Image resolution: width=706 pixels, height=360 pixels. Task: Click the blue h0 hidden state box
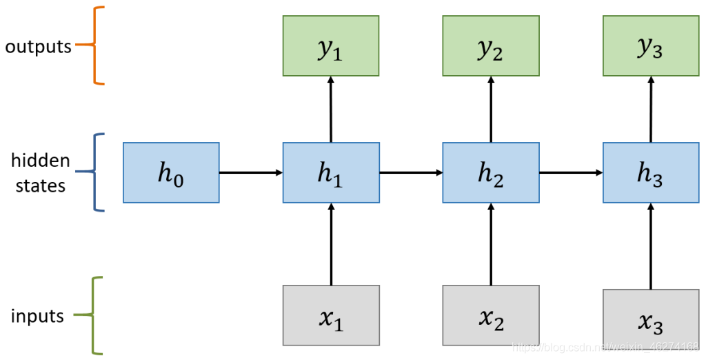[x=171, y=172]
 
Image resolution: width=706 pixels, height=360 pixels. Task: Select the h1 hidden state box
[x=331, y=172]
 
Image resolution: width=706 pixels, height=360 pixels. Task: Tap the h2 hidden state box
[x=491, y=172]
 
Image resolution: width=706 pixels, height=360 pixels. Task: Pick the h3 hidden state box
[x=651, y=172]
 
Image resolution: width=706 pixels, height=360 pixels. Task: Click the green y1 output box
[x=331, y=46]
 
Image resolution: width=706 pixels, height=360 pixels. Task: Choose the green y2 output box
[x=491, y=46]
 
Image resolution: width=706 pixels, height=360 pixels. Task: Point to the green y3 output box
[x=651, y=46]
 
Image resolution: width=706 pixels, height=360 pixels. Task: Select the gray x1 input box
[x=331, y=315]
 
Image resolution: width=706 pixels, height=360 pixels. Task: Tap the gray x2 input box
[x=491, y=315]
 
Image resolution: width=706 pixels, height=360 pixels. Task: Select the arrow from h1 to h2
[x=411, y=172]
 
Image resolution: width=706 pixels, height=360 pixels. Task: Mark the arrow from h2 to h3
[x=571, y=172]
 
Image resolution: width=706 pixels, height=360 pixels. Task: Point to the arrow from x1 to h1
[x=331, y=244]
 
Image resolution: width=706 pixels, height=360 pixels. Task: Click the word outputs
[x=38, y=47]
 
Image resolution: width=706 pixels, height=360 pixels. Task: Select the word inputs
[x=37, y=317]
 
